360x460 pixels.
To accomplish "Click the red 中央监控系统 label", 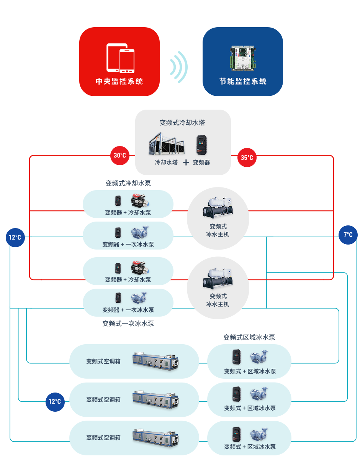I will pos(119,81).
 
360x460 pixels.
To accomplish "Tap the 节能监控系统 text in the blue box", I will pos(243,81).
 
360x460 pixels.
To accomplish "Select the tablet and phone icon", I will pos(120,58).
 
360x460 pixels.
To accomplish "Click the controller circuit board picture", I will pos(243,58).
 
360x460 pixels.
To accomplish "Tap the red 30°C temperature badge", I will pos(120,156).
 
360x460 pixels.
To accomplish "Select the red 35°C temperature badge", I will pos(247,158).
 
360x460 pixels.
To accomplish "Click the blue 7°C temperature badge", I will pos(348,235).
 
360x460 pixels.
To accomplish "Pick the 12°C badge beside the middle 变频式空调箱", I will pos(55,402).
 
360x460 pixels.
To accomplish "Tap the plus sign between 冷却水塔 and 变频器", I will pos(186,163).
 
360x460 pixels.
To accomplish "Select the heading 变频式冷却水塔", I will pos(182,123).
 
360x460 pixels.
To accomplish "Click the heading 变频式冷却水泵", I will pos(128,183).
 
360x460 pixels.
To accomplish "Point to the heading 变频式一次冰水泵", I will pos(128,324).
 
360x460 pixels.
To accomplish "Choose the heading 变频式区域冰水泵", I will pos(249,337).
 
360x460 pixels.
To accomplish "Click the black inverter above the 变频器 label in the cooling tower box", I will pos(201,145).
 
